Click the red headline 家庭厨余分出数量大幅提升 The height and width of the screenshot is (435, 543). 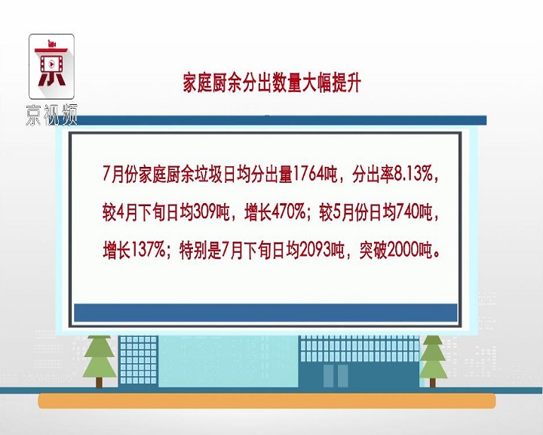tap(272, 83)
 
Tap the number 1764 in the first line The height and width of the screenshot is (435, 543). tap(310, 174)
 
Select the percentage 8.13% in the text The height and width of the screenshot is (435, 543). tap(414, 174)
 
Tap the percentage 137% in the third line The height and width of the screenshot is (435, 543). tap(148, 249)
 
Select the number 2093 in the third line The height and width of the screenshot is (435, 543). tap(316, 249)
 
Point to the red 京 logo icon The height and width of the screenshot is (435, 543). tap(51, 66)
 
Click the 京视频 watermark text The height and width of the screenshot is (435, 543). tap(51, 114)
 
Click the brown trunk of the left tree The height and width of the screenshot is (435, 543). tap(100, 382)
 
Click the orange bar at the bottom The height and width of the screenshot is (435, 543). tap(267, 401)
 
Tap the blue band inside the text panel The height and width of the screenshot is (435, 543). tap(265, 313)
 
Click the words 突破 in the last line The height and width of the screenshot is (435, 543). tap(373, 249)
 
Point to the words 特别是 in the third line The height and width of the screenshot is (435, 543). tap(200, 249)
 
